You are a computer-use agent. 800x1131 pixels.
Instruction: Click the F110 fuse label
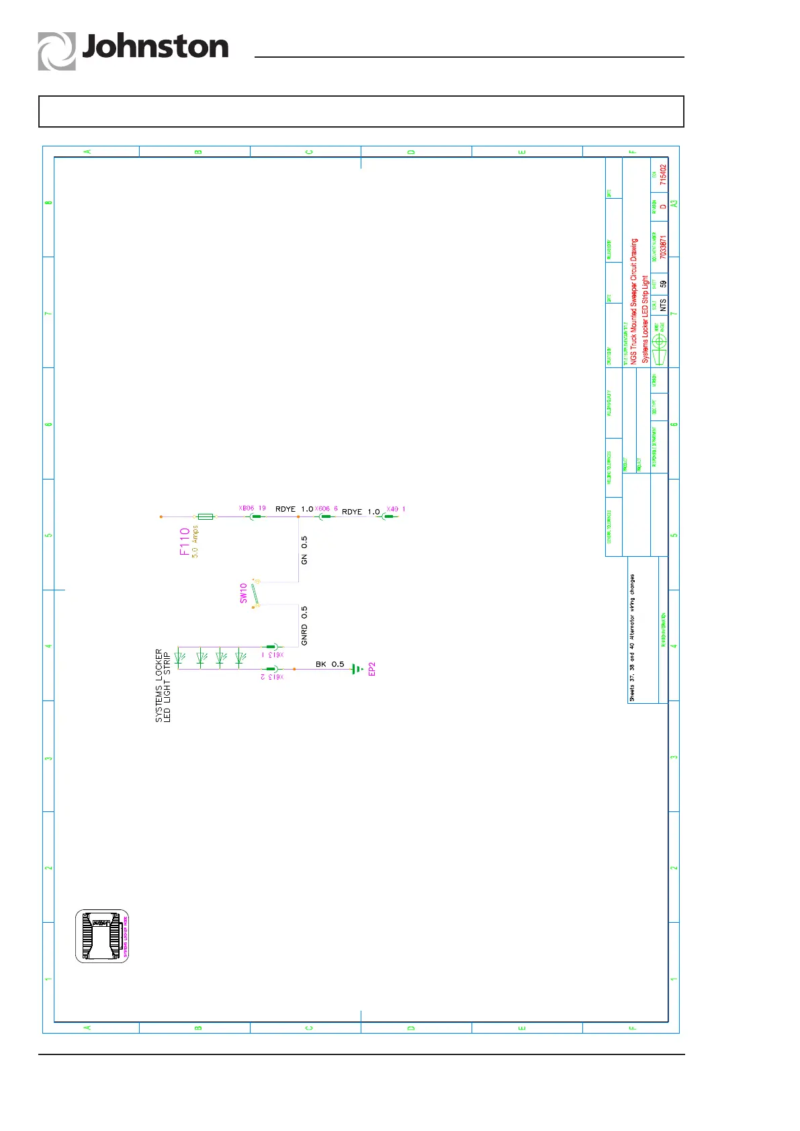(x=185, y=541)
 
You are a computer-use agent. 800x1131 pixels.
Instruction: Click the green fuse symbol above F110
(x=205, y=516)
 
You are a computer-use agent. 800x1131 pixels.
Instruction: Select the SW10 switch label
(x=243, y=593)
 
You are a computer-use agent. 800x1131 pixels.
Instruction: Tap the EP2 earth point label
(x=372, y=669)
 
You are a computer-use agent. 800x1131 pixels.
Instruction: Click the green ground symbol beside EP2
(x=357, y=669)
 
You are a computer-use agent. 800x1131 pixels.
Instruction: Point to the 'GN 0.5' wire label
(x=304, y=550)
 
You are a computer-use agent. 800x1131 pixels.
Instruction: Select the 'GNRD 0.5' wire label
(x=304, y=626)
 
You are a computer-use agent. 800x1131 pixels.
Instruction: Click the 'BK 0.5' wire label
(x=330, y=664)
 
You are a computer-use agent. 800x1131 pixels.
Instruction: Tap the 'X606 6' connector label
(x=326, y=509)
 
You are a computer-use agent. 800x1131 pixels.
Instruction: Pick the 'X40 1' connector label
(x=396, y=509)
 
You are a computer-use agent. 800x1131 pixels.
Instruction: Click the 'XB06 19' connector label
(x=253, y=508)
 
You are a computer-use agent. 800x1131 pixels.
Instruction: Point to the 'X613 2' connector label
(x=272, y=677)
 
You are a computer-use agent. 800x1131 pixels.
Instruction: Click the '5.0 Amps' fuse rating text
(x=195, y=543)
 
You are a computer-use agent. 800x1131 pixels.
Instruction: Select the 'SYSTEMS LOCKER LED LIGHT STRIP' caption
(x=163, y=685)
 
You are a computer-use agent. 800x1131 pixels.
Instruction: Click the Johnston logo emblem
(x=56, y=52)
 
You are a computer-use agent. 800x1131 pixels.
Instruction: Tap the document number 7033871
(x=663, y=246)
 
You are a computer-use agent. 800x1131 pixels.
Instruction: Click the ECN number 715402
(x=663, y=175)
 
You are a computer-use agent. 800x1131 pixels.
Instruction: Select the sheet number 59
(x=663, y=284)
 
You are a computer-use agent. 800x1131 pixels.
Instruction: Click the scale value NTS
(x=663, y=305)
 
